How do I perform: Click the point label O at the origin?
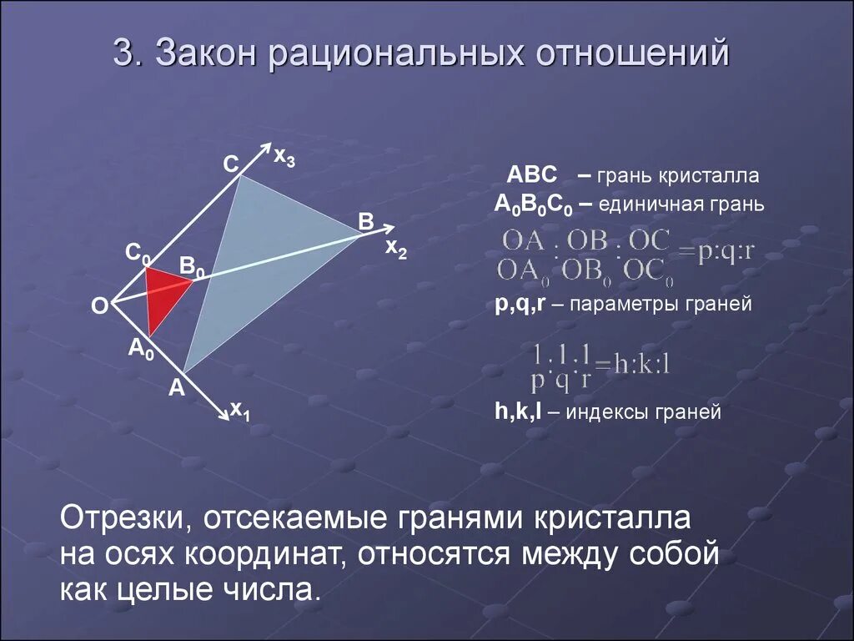[99, 307]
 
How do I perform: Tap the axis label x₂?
[395, 248]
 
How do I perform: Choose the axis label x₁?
[242, 410]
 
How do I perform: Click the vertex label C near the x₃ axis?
[230, 164]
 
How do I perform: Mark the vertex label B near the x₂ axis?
[365, 221]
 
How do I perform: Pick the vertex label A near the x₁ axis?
[176, 387]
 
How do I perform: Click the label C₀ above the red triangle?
[138, 252]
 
